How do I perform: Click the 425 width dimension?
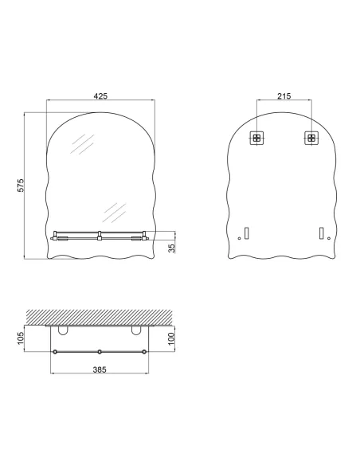pyautogui.click(x=100, y=96)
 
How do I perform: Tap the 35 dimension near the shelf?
pyautogui.click(x=171, y=248)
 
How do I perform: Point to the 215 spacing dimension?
pyautogui.click(x=283, y=96)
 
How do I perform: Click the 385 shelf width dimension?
pyautogui.click(x=100, y=369)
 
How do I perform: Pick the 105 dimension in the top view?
pyautogui.click(x=22, y=339)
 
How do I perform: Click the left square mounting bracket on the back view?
pyautogui.click(x=256, y=138)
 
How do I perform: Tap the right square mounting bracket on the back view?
pyautogui.click(x=310, y=138)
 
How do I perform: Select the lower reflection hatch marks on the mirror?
pyautogui.click(x=115, y=211)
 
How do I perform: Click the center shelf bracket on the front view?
pyautogui.click(x=100, y=236)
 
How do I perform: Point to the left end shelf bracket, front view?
pyautogui.click(x=54, y=236)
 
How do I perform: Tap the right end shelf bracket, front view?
pyautogui.click(x=144, y=236)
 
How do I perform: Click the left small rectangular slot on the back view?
pyautogui.click(x=247, y=233)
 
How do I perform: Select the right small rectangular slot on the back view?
pyautogui.click(x=320, y=233)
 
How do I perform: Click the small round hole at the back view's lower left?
pyautogui.click(x=239, y=239)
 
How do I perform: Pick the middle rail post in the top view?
pyautogui.click(x=100, y=352)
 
